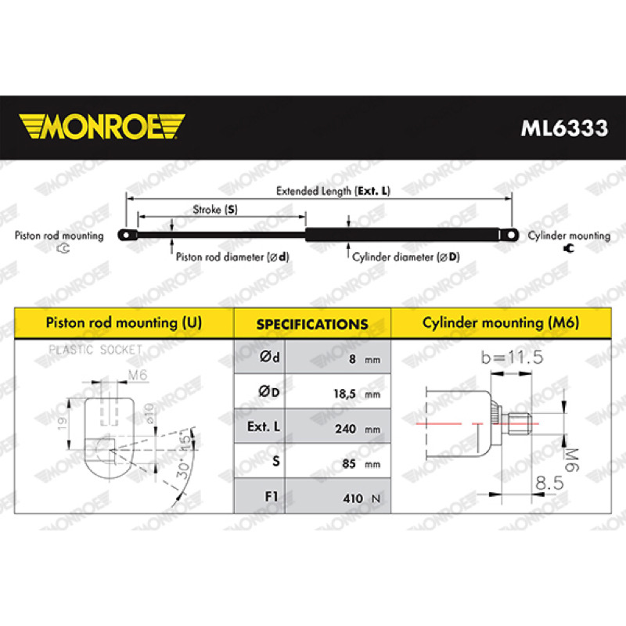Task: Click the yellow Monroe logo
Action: click(102, 127)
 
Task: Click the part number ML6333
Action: click(564, 128)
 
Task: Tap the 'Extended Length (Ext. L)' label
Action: click(333, 191)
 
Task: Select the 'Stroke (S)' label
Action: click(215, 210)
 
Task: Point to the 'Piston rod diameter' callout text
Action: click(232, 257)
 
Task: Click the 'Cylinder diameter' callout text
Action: click(405, 257)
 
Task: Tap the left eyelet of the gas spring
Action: click(127, 235)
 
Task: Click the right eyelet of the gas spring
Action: click(509, 235)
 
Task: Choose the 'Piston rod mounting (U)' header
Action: click(124, 322)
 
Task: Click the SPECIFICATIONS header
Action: click(312, 324)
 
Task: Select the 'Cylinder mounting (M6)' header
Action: click(501, 322)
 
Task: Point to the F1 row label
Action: click(272, 496)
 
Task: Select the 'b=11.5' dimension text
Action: click(513, 357)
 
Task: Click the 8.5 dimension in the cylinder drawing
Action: click(549, 483)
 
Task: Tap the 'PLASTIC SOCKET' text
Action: click(95, 350)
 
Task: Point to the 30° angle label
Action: click(183, 468)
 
